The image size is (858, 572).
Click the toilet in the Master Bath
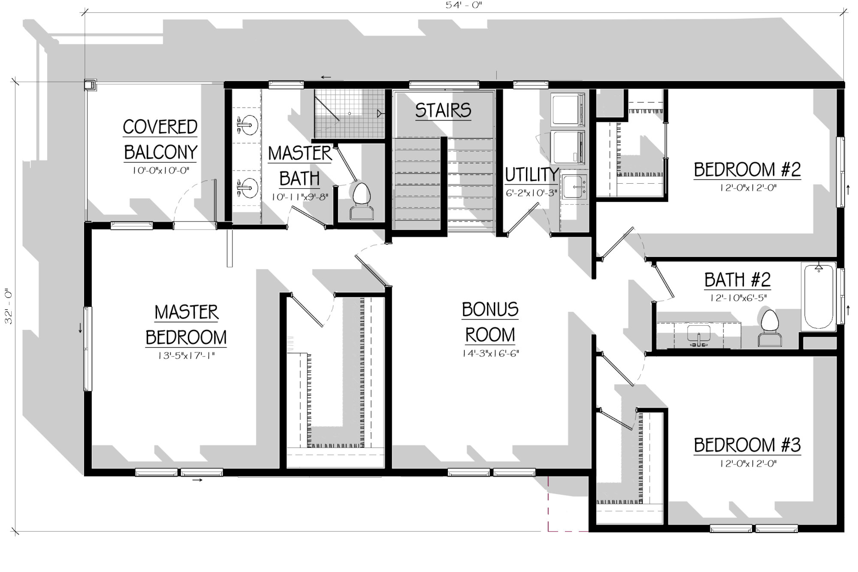click(362, 201)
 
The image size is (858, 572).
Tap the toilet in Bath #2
click(770, 327)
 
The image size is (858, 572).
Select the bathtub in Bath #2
click(819, 297)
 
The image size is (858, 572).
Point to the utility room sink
click(575, 186)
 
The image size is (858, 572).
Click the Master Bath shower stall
click(349, 114)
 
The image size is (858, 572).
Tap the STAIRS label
click(443, 110)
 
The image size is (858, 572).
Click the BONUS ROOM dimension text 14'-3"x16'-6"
click(490, 354)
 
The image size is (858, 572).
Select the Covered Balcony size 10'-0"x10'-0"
click(160, 170)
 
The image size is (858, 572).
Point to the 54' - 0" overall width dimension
click(464, 5)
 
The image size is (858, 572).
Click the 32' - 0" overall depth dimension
click(9, 306)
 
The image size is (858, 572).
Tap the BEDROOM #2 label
click(747, 169)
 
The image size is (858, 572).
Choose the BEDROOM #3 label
click(747, 445)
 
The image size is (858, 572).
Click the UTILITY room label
click(532, 175)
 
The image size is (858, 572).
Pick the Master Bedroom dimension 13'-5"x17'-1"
click(186, 355)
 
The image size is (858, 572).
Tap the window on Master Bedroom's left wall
click(88, 348)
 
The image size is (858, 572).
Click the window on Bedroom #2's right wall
click(840, 172)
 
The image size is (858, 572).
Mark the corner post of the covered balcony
click(90, 85)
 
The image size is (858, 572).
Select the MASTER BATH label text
click(300, 166)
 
